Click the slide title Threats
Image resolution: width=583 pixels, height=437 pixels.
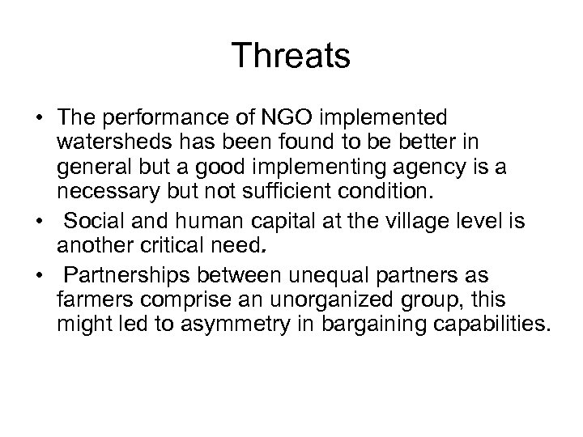point(291,57)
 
